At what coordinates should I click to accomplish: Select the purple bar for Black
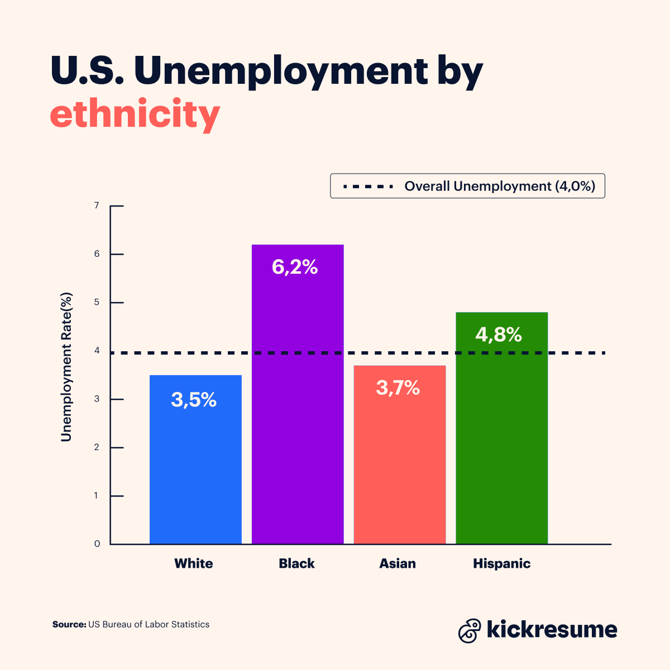point(298,419)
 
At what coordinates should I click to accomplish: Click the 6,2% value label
point(295,267)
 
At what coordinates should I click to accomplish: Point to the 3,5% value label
point(194,400)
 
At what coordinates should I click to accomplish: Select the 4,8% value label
point(499,334)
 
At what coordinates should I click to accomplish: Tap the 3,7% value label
point(398,387)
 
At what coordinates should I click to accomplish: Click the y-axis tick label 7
point(97,205)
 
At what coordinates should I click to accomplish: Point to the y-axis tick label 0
point(97,544)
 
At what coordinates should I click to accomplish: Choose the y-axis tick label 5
point(97,303)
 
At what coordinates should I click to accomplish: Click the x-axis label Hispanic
point(501,563)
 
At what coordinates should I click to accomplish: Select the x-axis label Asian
point(398,563)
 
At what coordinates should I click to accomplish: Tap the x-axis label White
point(194,563)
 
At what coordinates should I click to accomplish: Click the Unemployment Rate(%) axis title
point(67,367)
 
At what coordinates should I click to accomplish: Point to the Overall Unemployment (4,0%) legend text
point(500,186)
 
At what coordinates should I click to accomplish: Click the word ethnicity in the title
point(135,114)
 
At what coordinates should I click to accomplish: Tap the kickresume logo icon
point(470,630)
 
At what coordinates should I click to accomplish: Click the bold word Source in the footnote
point(69,624)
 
